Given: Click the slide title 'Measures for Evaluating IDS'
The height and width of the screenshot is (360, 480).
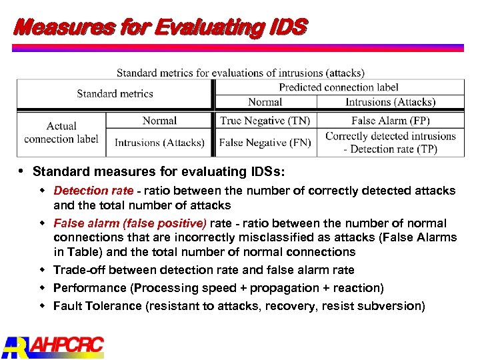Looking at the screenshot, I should pyautogui.click(x=160, y=27).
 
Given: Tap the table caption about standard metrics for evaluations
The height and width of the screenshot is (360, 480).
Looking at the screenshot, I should pyautogui.click(x=240, y=73).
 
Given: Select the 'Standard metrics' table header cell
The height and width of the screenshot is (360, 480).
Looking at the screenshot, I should pyautogui.click(x=115, y=94).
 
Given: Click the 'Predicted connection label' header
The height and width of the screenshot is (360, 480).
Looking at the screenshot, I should pyautogui.click(x=338, y=87).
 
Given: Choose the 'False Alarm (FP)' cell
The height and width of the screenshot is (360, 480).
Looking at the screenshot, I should pyautogui.click(x=390, y=121).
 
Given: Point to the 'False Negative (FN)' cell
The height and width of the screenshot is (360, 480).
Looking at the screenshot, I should pyautogui.click(x=265, y=143).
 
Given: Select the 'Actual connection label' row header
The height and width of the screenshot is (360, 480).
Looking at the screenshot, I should pyautogui.click(x=61, y=133).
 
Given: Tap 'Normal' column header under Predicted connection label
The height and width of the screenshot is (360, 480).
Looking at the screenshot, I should pyautogui.click(x=265, y=102).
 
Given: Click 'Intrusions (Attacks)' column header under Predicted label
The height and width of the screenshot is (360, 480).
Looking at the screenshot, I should pyautogui.click(x=390, y=102).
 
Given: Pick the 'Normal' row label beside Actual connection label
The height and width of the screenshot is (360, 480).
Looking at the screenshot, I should pyautogui.click(x=159, y=121).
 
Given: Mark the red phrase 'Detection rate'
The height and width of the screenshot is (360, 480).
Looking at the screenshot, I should pyautogui.click(x=93, y=191).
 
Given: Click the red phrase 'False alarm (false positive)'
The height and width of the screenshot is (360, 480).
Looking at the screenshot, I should pyautogui.click(x=130, y=223).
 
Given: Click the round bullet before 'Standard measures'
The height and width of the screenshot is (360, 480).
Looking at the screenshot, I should pyautogui.click(x=23, y=171).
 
